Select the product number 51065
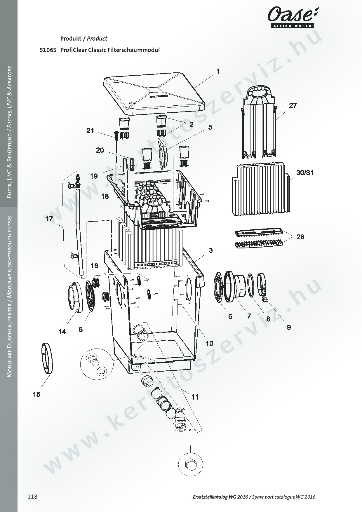point(48,50)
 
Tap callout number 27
point(293,105)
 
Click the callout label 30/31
point(305,173)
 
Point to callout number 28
point(300,237)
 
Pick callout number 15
point(36,394)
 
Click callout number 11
point(195,397)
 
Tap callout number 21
point(90,130)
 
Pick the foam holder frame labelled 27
point(259,123)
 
